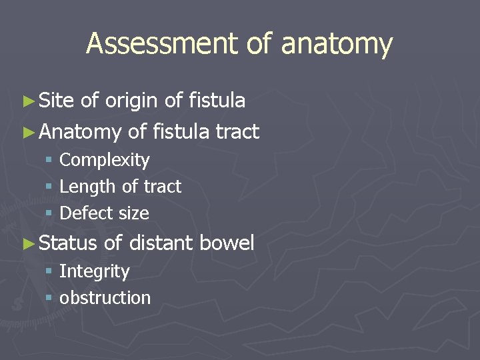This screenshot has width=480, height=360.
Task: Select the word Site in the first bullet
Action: click(56, 101)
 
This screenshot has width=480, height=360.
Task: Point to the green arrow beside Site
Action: click(27, 101)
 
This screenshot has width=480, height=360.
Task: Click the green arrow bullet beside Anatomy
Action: click(27, 132)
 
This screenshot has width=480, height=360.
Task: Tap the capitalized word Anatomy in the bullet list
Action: click(80, 133)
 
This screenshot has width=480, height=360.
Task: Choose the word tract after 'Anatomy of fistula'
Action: click(237, 132)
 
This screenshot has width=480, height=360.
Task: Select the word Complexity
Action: click(105, 161)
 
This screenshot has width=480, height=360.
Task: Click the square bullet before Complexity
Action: click(49, 161)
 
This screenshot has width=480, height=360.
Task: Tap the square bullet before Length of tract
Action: click(49, 187)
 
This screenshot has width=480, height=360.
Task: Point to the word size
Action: click(132, 213)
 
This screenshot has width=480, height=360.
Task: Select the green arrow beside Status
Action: click(27, 243)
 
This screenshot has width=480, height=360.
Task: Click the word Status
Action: click(68, 243)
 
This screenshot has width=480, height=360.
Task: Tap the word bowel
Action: click(227, 243)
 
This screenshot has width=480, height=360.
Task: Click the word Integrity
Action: click(95, 272)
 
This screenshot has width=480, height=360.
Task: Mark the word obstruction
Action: click(105, 298)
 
